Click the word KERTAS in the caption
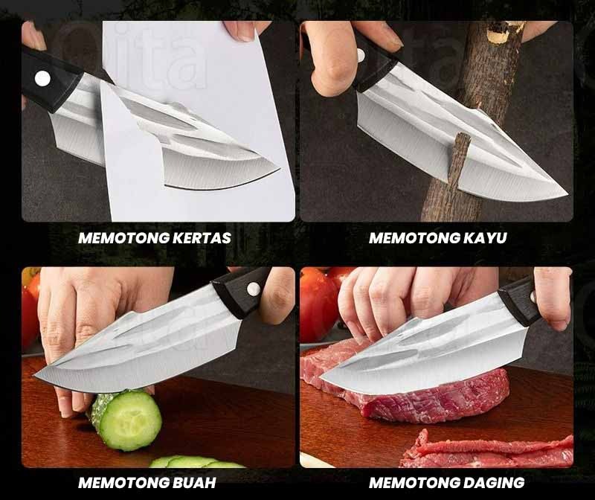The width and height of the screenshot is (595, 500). [202, 238]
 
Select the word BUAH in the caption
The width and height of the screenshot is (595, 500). [194, 483]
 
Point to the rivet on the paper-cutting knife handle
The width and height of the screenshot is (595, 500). [42, 79]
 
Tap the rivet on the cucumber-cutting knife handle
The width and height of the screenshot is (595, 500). [253, 289]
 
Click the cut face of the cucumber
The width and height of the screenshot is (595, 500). [132, 420]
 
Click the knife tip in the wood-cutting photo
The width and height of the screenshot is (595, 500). [567, 194]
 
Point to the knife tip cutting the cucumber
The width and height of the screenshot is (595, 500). [35, 376]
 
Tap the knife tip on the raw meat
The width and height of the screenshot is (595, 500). [321, 378]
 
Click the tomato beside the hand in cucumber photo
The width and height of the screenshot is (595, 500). [30, 304]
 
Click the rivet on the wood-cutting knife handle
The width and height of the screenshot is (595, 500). [360, 56]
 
